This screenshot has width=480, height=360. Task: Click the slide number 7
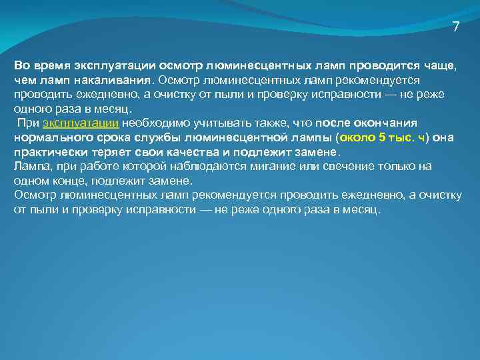(x=455, y=27)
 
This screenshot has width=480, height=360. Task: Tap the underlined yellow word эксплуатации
(x=81, y=123)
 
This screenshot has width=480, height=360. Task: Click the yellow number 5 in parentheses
(x=381, y=138)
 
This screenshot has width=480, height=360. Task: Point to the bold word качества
(x=191, y=152)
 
